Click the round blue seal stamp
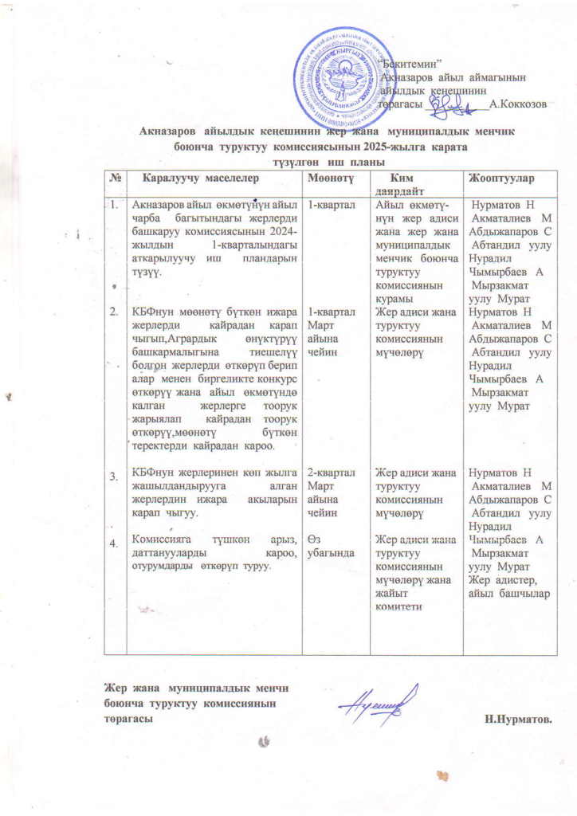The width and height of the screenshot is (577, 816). coord(344,80)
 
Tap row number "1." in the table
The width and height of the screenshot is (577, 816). coord(116,206)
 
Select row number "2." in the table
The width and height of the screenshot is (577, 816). coord(116,311)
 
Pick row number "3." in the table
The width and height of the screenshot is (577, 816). coord(116,477)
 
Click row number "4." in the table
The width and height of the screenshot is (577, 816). coord(116,543)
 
